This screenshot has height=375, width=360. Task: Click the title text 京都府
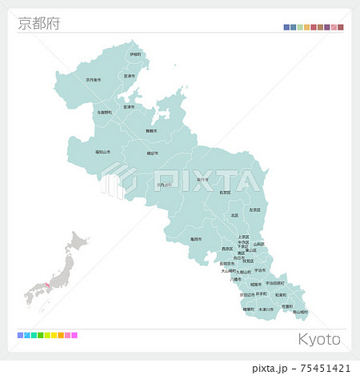pyautogui.click(x=38, y=23)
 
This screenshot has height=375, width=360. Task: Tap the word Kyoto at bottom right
pyautogui.click(x=319, y=339)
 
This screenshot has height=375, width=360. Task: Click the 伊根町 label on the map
pyautogui.click(x=136, y=54)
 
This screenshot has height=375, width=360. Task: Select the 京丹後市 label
pyautogui.click(x=94, y=79)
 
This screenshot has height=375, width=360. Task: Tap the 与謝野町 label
pyautogui.click(x=104, y=113)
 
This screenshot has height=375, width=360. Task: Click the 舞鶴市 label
pyautogui.click(x=151, y=130)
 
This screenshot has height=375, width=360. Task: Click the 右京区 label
pyautogui.click(x=225, y=193)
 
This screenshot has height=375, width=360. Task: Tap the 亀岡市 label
pyautogui.click(x=196, y=238)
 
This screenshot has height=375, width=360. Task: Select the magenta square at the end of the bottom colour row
pyautogui.click(x=74, y=335)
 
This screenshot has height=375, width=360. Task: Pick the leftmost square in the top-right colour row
pyautogui.click(x=286, y=27)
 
